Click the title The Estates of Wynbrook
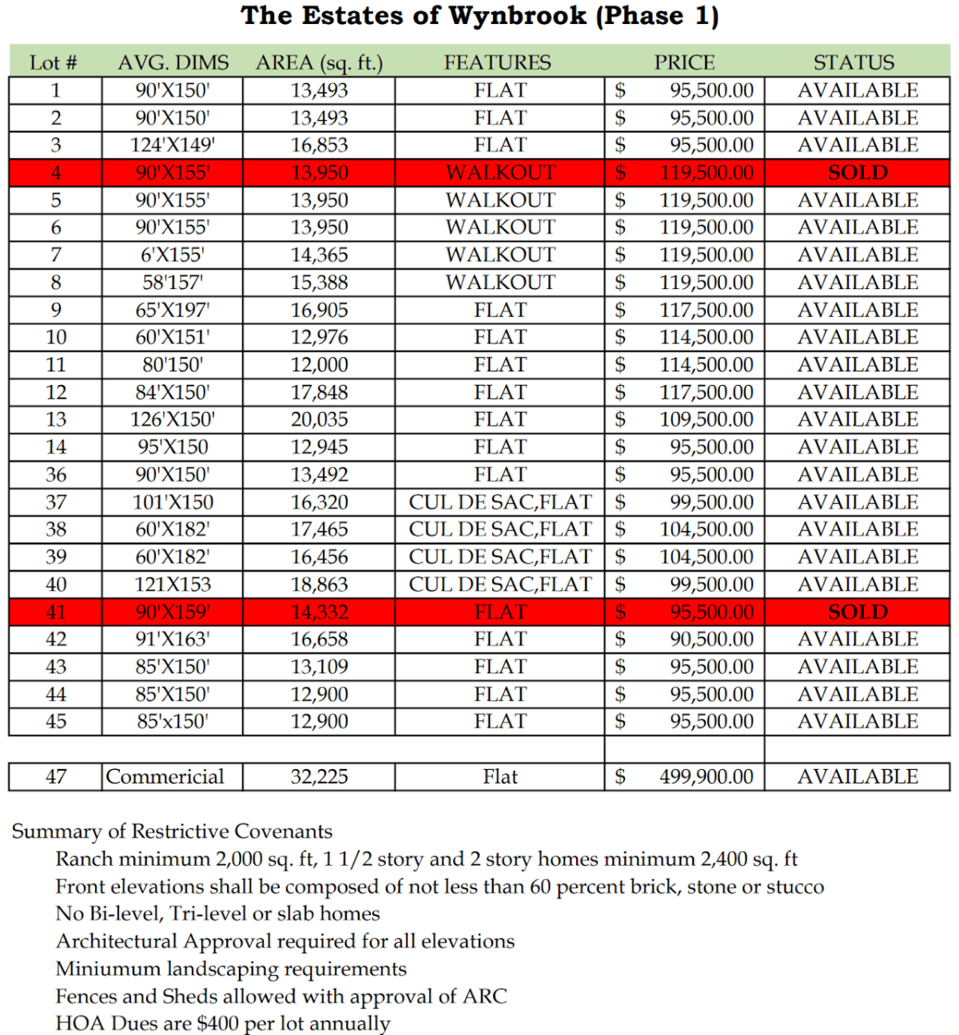click(479, 16)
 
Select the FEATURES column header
click(497, 62)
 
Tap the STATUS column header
click(854, 62)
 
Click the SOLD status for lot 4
click(858, 172)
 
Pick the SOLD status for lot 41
click(858, 612)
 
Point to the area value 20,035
click(319, 419)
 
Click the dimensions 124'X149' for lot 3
click(173, 145)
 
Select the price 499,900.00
click(706, 776)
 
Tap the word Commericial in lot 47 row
click(165, 776)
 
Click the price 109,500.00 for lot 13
click(706, 419)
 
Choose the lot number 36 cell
click(56, 474)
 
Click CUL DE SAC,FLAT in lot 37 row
click(500, 502)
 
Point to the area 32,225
click(319, 776)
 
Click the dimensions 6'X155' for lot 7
click(173, 255)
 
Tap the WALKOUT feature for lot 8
click(500, 283)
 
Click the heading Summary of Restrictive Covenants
click(172, 831)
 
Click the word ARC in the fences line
click(485, 996)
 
